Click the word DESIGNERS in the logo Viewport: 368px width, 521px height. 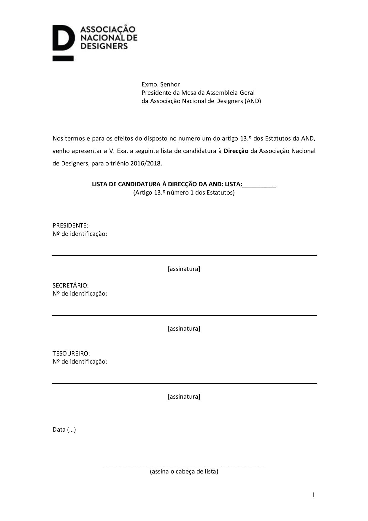coord(104,46)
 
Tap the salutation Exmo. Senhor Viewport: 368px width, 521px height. coord(161,84)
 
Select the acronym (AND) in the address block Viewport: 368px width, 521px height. coord(253,101)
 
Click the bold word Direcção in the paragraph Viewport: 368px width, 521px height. coord(236,151)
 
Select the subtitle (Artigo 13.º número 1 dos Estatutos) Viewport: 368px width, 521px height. coord(184,192)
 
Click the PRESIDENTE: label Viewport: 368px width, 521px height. coord(70,225)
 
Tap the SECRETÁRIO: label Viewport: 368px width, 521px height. coord(71,285)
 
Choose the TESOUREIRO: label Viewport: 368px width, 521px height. coord(71,353)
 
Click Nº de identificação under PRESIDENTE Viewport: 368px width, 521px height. coord(80,234)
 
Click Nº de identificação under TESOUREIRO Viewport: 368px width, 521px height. coord(80,361)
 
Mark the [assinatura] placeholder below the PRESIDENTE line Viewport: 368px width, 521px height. coord(184,269)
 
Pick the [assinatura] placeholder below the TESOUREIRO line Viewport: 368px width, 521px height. coord(184,397)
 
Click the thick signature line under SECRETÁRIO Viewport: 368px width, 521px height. coord(184,315)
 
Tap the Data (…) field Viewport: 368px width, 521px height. coord(64,430)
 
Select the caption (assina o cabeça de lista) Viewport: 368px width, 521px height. coord(184,471)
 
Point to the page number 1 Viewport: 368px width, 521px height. coord(313,495)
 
